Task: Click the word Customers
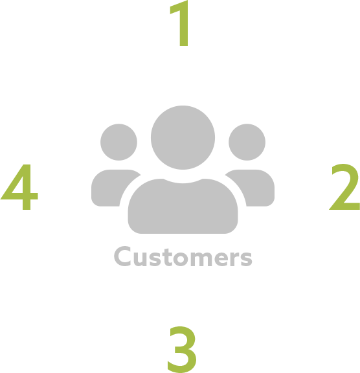(x=183, y=256)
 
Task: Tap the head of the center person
(x=183, y=137)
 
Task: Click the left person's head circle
(x=118, y=142)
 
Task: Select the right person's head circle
(x=247, y=142)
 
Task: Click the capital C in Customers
(x=122, y=256)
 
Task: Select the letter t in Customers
(x=168, y=257)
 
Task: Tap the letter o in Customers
(x=180, y=258)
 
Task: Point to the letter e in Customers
(x=221, y=258)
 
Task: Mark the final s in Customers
(x=246, y=258)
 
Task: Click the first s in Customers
(x=155, y=258)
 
